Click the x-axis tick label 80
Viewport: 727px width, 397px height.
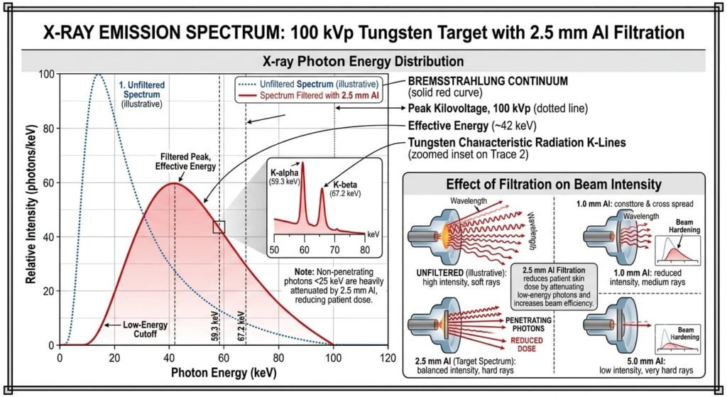(278, 358)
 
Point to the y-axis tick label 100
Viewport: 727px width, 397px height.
(46, 74)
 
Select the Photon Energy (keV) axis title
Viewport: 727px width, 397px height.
(224, 373)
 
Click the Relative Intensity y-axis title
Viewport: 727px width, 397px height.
(31, 204)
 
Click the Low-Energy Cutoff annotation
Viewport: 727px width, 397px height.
(145, 330)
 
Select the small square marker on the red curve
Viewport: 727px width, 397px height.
(219, 227)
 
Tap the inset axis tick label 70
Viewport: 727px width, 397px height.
(334, 250)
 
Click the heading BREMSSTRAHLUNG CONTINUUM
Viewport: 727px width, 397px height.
(488, 81)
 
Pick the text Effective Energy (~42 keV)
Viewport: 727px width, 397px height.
(472, 126)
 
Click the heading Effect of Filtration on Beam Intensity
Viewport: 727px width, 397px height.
(554, 184)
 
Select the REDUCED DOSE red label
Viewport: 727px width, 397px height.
(527, 344)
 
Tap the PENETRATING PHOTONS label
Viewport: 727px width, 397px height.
(528, 324)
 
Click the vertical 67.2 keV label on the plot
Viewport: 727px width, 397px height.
(241, 326)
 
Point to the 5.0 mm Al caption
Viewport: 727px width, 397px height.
(646, 361)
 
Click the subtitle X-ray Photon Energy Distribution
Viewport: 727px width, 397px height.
(363, 61)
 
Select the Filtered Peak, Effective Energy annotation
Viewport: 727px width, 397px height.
(185, 161)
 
